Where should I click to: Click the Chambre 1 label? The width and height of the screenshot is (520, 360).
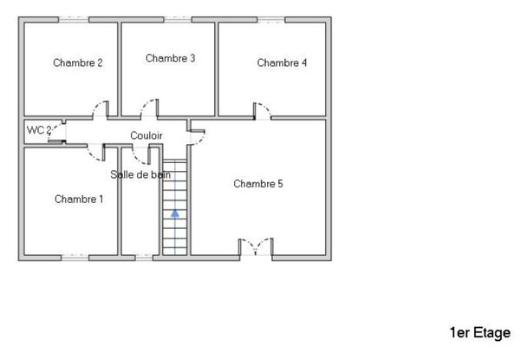pos(79,199)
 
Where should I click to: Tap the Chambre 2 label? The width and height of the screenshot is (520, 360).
pos(78,62)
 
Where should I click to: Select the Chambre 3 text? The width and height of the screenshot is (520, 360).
pos(170,58)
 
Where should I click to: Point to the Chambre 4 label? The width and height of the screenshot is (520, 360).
pos(282,62)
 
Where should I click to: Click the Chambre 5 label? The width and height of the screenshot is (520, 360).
pos(258,184)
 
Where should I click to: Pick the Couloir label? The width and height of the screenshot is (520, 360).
pos(146,135)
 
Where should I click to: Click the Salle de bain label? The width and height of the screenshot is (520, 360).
pos(140,174)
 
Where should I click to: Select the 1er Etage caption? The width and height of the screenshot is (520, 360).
pos(480,332)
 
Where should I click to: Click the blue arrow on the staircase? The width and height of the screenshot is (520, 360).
pos(175,212)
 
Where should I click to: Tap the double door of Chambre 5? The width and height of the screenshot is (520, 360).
pos(256,246)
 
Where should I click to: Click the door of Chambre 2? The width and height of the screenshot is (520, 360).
pos(101,111)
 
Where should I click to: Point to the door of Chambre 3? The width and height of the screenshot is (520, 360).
pos(150,109)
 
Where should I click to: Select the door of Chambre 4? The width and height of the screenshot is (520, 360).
pos(261,111)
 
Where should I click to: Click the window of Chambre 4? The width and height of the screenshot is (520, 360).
pos(271,18)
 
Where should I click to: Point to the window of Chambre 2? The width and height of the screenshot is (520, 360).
pos(74,18)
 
